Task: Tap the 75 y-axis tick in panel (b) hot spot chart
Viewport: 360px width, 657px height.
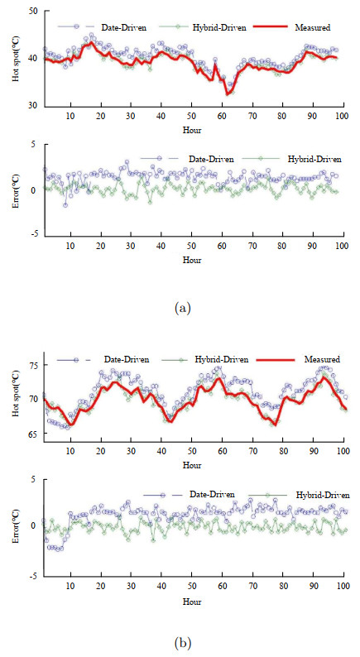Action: tap(32, 366)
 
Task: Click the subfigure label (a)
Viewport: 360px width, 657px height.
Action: tap(183, 308)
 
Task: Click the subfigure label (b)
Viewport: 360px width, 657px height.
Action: tap(183, 641)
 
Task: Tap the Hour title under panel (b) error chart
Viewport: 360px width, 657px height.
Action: tap(192, 602)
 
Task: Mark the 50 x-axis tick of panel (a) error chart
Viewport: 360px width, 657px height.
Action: tap(192, 246)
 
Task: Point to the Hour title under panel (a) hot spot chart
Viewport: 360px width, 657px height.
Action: tap(192, 130)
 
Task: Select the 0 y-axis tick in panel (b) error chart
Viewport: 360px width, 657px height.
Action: tap(34, 525)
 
